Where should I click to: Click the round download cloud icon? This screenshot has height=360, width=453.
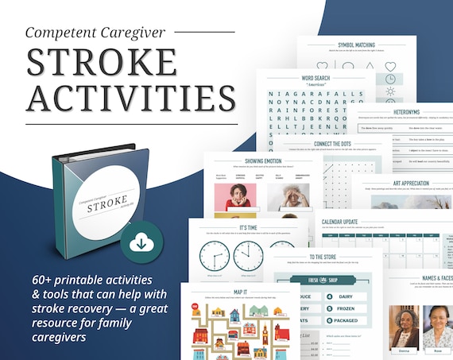141,242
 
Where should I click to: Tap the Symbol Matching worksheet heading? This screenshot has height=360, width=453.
356,45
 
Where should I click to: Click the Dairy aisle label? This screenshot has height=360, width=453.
351,296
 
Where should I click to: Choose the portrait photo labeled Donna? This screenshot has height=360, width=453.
405,327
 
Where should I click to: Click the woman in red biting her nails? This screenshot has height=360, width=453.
235,197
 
